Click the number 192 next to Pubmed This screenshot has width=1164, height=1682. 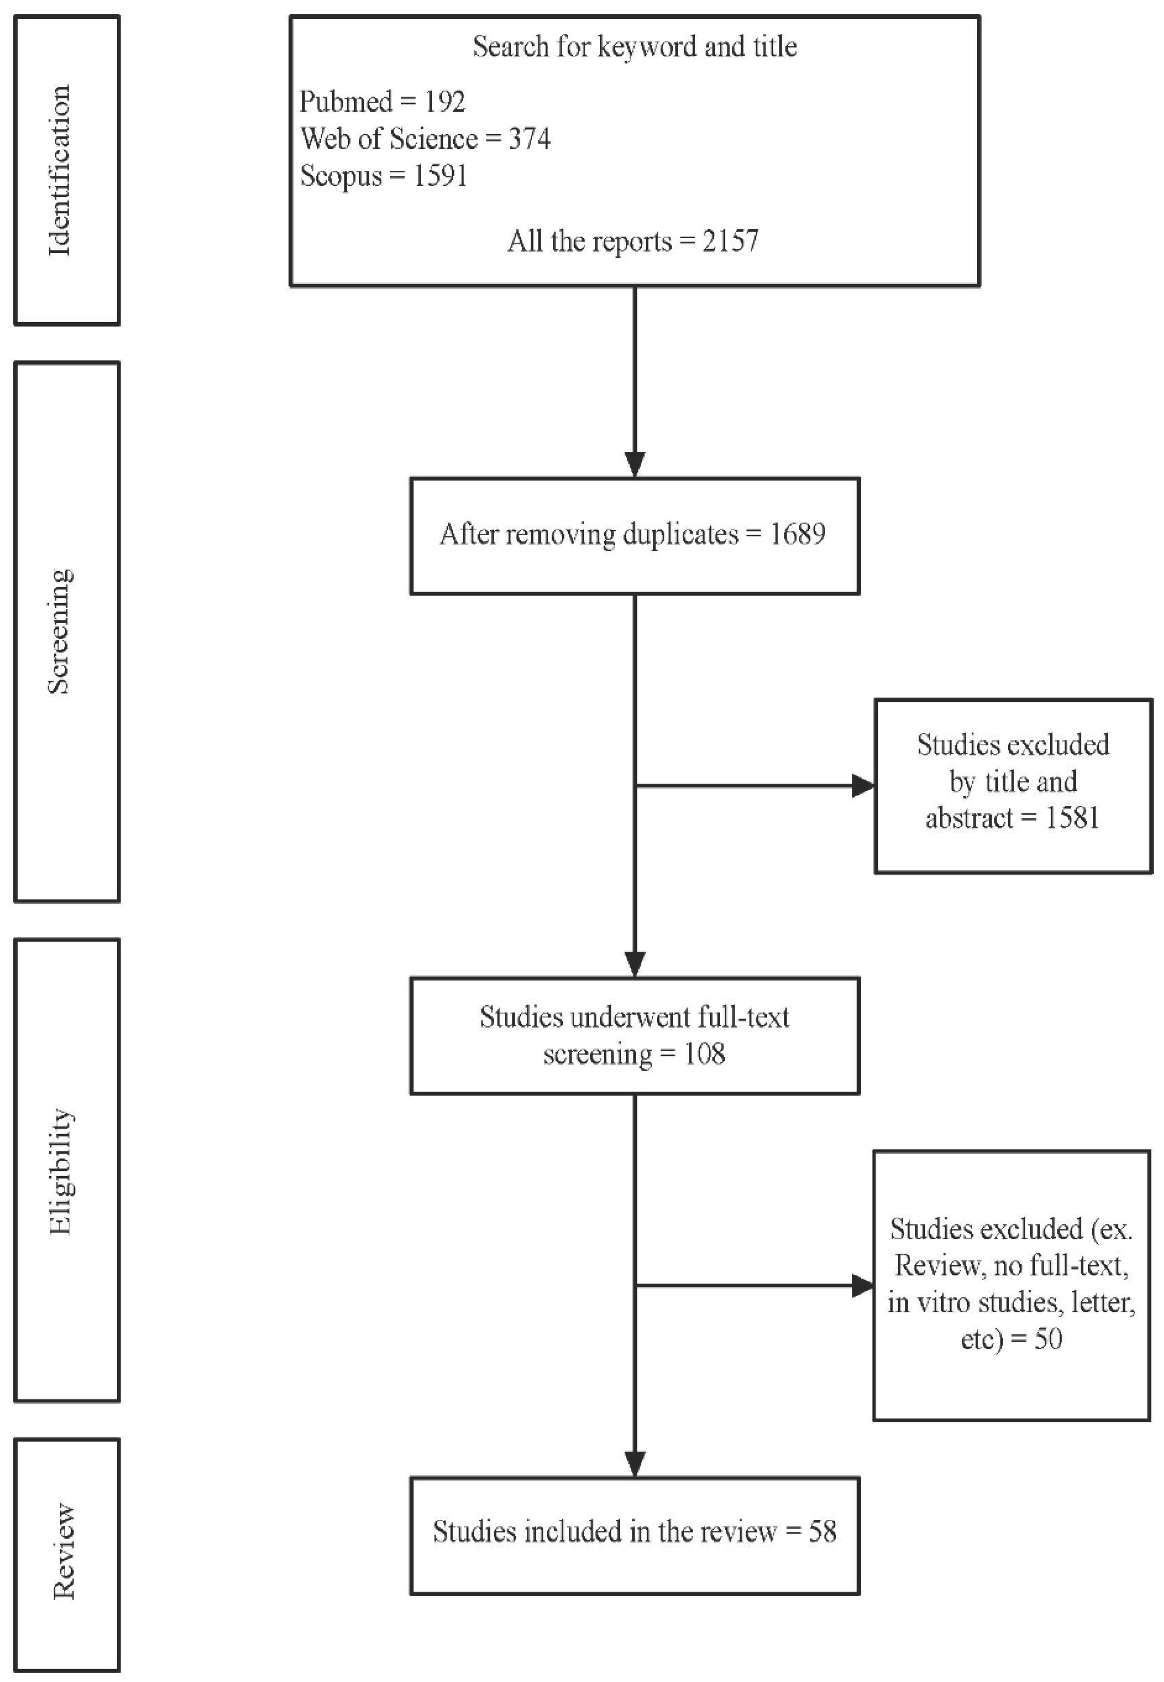445,101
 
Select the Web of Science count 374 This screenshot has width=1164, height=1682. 529,139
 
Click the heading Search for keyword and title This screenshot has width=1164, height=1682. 635,47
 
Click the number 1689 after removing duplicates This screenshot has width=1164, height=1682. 797,535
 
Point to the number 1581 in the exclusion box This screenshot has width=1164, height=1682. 1072,817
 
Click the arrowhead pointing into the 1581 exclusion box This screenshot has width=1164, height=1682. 863,786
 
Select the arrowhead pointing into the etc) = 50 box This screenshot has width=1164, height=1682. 863,1286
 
